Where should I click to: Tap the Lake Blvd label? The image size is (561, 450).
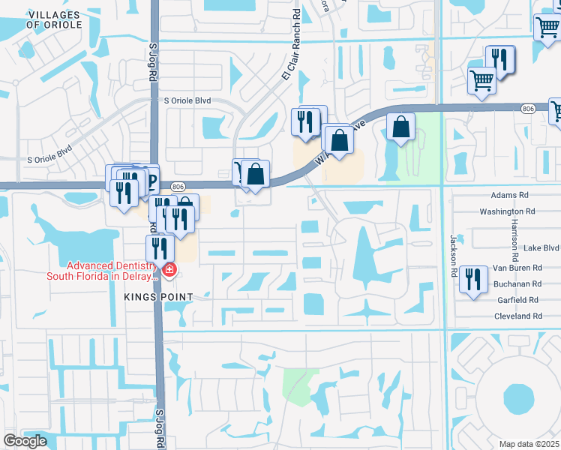[531, 247]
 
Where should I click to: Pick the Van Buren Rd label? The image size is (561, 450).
[517, 268]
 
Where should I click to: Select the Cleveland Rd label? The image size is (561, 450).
[517, 316]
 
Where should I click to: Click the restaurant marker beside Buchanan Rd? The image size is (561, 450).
[472, 279]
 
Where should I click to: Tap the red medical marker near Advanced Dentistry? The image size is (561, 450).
[170, 270]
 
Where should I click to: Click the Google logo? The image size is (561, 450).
[25, 441]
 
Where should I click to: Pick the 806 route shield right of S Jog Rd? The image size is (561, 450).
[177, 186]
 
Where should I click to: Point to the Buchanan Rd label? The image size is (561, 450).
[517, 284]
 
